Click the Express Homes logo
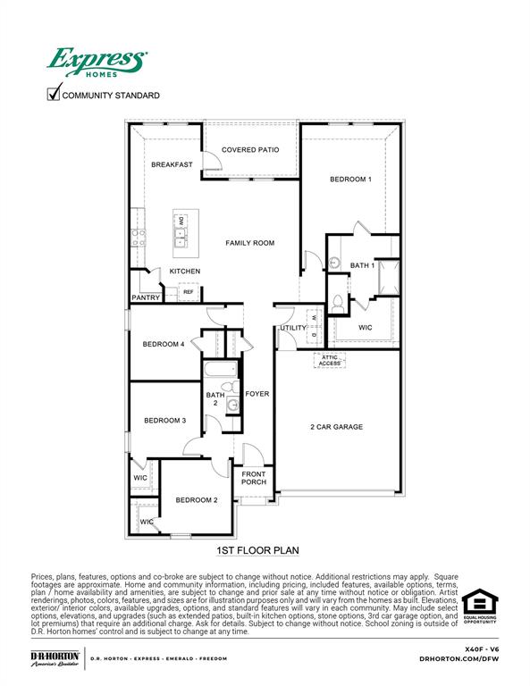point(96,63)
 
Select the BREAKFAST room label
point(172,164)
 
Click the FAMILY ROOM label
point(249,243)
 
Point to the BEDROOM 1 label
point(350,180)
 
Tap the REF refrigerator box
point(189,292)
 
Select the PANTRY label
point(145,298)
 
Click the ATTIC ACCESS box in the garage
point(328,360)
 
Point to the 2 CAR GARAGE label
point(336,427)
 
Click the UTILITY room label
point(292,328)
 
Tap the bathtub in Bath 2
point(219,369)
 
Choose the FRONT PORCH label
point(253,478)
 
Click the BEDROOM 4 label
point(164,344)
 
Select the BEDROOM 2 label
point(196,500)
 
